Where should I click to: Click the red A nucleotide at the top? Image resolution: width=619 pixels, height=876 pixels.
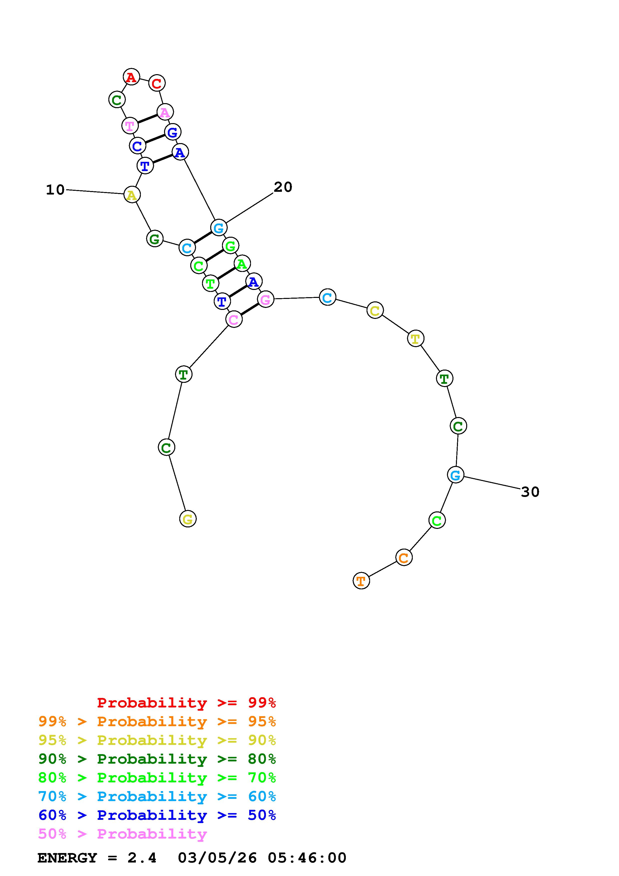(x=131, y=77)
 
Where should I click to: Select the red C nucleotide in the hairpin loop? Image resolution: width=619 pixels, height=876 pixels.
(x=156, y=83)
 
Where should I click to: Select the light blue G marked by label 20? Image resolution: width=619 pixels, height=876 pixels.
(x=218, y=228)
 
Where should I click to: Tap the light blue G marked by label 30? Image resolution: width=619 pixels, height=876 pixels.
(x=455, y=475)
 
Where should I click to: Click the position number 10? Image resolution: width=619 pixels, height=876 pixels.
(x=55, y=190)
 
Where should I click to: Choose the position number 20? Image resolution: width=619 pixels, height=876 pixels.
(x=283, y=187)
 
